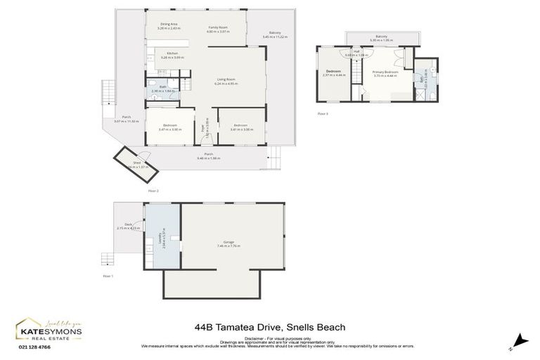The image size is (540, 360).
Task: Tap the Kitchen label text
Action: pos(172,55)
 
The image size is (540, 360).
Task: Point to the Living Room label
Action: pos(226,81)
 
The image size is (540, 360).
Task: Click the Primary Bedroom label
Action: pos(385,72)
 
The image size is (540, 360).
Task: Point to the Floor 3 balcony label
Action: pos(381,38)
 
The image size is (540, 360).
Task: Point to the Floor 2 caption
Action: pos(153,191)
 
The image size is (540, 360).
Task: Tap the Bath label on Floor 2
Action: pos(162,88)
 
